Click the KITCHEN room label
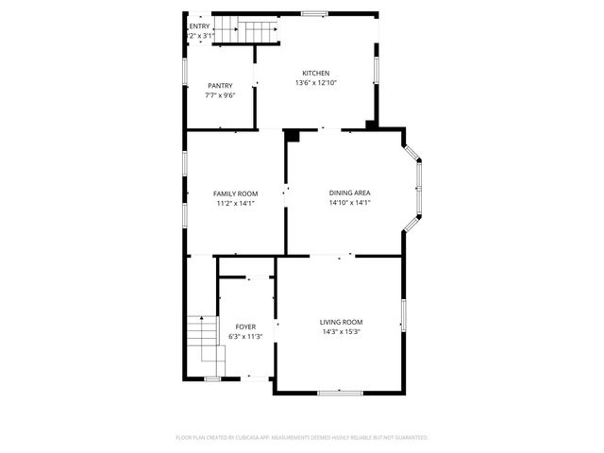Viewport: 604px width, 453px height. click(315, 74)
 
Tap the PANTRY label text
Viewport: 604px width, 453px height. click(220, 86)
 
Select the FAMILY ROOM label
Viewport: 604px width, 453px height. click(235, 193)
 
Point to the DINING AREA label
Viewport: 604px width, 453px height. click(349, 193)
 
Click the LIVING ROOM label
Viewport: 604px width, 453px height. click(341, 322)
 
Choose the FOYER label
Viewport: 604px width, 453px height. click(245, 327)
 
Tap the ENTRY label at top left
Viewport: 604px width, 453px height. click(199, 26)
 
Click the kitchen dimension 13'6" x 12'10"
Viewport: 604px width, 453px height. click(315, 83)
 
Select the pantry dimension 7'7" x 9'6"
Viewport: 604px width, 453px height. click(220, 95)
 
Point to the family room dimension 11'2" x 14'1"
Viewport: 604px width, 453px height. click(235, 203)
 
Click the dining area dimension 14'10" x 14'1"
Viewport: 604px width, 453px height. click(349, 203)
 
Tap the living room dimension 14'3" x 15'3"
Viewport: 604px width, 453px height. click(341, 331)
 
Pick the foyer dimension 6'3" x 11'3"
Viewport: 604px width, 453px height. click(245, 336)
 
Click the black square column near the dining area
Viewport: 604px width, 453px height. click(293, 136)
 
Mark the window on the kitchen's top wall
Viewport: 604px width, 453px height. click(314, 12)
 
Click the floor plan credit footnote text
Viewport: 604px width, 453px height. click(302, 438)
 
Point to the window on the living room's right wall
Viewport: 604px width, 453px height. click(402, 315)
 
